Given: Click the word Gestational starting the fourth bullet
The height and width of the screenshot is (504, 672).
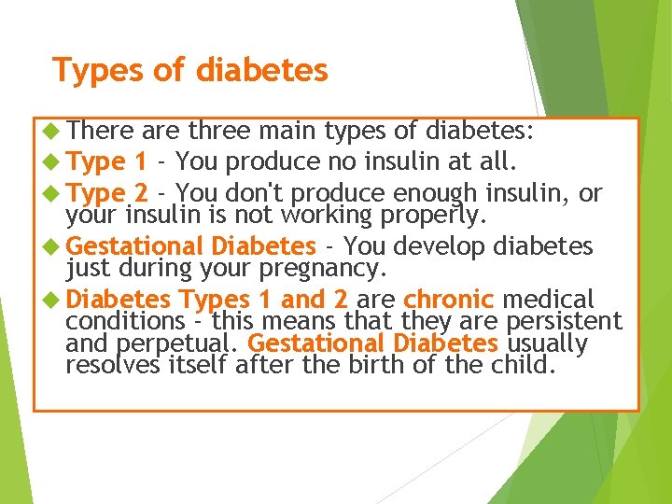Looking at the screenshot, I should [x=135, y=246].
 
